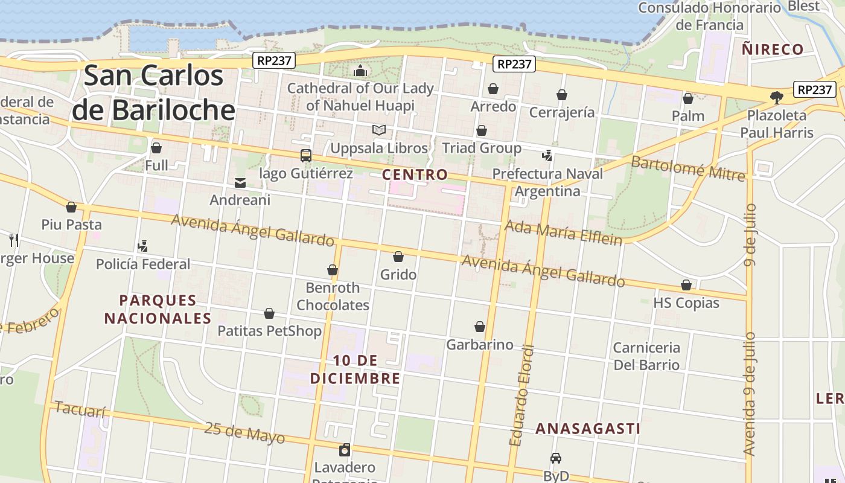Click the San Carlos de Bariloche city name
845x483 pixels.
coord(153,92)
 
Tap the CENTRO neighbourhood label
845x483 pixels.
coord(415,175)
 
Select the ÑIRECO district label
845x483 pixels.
coord(773,50)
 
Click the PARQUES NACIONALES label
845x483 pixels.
coord(158,309)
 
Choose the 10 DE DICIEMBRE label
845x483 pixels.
coord(355,369)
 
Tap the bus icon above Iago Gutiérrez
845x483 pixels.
coord(306,156)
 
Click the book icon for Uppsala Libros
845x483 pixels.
coord(378,130)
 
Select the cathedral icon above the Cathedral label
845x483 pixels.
coord(360,71)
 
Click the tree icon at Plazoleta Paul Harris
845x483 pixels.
coord(776,97)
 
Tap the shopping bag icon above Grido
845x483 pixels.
coord(398,257)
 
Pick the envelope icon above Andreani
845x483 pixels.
coord(240,182)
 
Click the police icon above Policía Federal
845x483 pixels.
coord(142,246)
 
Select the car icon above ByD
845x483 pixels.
coord(556,458)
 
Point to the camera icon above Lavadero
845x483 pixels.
coord(345,450)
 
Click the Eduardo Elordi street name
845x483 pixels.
coord(522,395)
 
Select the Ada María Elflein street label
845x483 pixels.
coord(563,232)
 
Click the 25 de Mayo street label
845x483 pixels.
coord(244,432)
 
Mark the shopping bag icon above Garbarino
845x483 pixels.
coord(480,327)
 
